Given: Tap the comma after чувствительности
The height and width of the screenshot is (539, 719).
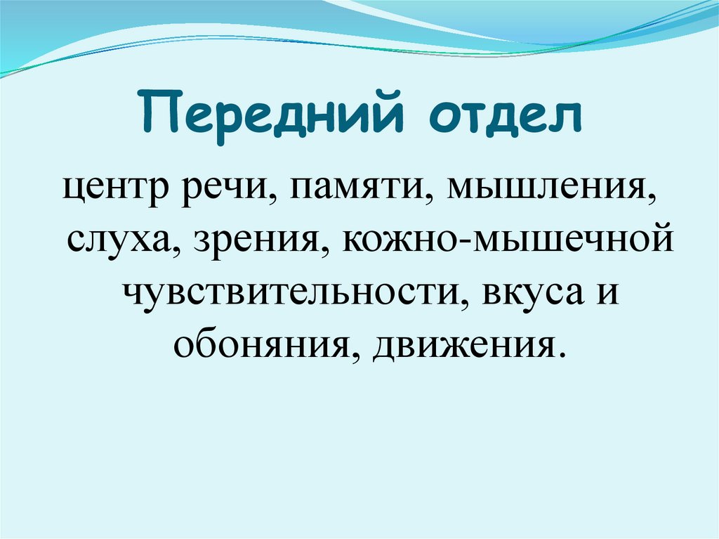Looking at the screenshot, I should coord(464,302).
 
